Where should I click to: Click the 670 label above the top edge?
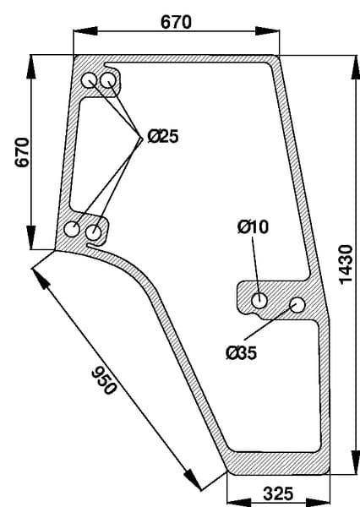pyautogui.click(x=176, y=22)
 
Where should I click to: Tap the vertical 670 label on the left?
pyautogui.click(x=22, y=152)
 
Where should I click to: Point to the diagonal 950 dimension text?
pyautogui.click(x=103, y=380)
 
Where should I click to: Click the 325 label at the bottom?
pyautogui.click(x=278, y=493)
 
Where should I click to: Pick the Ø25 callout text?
pyautogui.click(x=163, y=136)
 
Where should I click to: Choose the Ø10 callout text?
pyautogui.click(x=253, y=226)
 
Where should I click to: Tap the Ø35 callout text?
pyautogui.click(x=242, y=352)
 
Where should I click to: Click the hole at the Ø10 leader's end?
pyautogui.click(x=259, y=301)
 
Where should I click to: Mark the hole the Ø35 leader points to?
pyautogui.click(x=297, y=305)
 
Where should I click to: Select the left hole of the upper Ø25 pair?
pyautogui.click(x=89, y=81)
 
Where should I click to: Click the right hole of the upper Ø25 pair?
pyautogui.click(x=108, y=81)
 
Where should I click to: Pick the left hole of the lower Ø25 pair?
pyautogui.click(x=72, y=229)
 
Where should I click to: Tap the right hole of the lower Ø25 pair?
pyautogui.click(x=94, y=232)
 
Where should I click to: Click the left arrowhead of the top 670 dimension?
pyautogui.click(x=85, y=31)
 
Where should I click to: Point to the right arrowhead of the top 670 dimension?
pyautogui.click(x=268, y=31)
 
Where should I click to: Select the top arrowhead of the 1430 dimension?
pyautogui.click(x=355, y=67)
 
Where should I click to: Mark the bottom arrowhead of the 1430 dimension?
pyautogui.click(x=355, y=461)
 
